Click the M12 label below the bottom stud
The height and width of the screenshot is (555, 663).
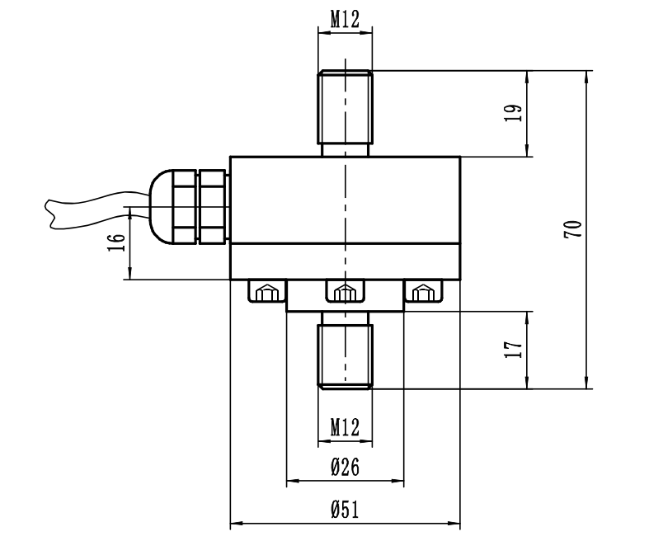point(345,427)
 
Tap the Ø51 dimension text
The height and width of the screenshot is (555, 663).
point(345,510)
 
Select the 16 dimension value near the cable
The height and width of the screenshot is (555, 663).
point(118,242)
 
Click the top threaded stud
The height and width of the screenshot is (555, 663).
point(345,111)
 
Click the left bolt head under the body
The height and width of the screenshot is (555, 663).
point(266,292)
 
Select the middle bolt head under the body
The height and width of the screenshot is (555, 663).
point(345,292)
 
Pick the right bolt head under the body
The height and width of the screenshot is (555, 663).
point(423,292)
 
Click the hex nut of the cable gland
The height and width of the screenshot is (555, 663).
point(211,205)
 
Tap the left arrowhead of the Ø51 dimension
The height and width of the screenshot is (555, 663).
point(233,523)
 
